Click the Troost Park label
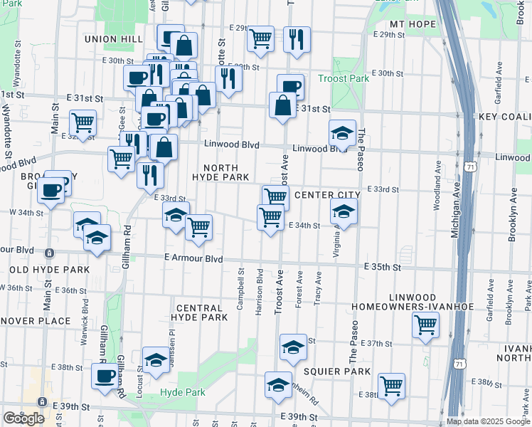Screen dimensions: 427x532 coord(344,78)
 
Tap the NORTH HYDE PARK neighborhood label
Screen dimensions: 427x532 coord(220,172)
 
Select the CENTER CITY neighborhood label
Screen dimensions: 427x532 coord(327,194)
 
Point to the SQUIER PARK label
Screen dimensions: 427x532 coord(337,371)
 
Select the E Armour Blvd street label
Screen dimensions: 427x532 coord(193,258)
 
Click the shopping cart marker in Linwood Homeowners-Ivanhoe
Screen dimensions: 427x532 coord(425,325)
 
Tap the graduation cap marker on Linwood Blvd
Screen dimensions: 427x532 coord(342,133)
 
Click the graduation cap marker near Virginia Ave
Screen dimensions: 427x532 coord(344,212)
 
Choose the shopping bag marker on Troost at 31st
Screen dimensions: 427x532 coord(283,105)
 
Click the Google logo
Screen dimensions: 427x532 coord(23,418)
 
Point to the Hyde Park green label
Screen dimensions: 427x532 coord(183,393)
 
